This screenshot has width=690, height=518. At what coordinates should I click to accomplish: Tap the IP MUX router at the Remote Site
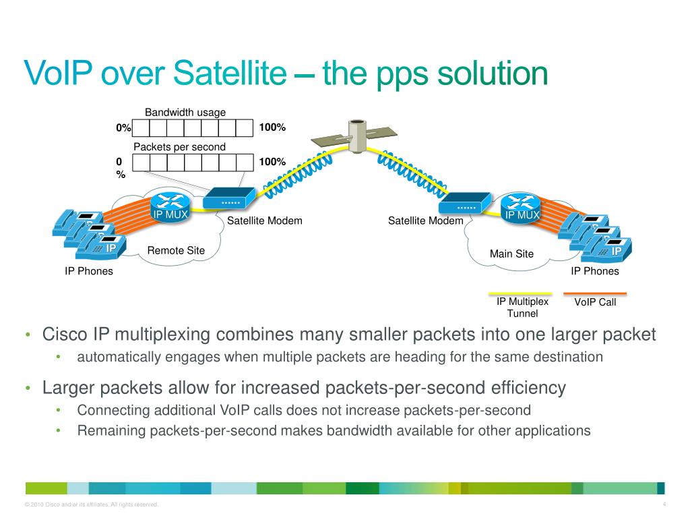click(x=170, y=206)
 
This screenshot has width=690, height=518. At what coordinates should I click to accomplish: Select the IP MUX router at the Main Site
click(x=521, y=208)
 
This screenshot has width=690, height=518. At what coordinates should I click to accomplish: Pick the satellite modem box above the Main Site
click(x=465, y=203)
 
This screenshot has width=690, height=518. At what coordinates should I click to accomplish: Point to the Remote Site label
click(x=176, y=251)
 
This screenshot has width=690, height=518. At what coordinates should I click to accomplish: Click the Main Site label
click(x=512, y=254)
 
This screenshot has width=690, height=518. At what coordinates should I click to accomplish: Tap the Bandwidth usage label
click(x=185, y=113)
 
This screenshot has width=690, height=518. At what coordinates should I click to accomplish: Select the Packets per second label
click(x=179, y=147)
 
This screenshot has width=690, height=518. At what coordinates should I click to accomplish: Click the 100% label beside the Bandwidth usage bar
click(x=272, y=127)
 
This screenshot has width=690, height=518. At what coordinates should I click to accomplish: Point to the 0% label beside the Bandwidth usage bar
click(x=124, y=127)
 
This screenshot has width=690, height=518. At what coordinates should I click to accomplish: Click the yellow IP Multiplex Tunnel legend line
click(x=520, y=294)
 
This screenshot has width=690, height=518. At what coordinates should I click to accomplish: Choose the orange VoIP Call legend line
click(x=595, y=293)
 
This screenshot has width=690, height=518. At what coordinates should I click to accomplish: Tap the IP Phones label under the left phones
click(x=89, y=271)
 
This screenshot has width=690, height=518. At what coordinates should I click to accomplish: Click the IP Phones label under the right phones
click(x=595, y=271)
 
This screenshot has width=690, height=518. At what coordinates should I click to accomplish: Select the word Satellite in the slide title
click(x=230, y=73)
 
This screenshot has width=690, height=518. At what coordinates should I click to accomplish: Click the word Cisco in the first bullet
click(x=65, y=335)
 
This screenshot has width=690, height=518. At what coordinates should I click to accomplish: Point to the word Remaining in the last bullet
click(x=111, y=431)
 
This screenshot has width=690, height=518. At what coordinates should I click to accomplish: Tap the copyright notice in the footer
click(x=92, y=505)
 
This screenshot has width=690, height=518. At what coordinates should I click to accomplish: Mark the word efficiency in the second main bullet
click(x=528, y=388)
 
